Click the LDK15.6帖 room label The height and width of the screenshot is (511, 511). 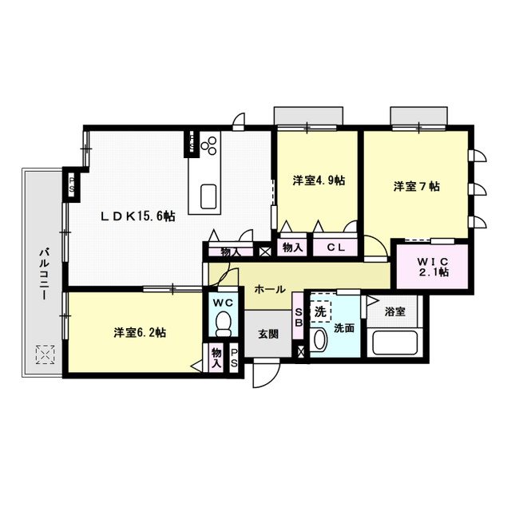pos(138,216)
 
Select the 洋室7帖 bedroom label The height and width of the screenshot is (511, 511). pos(416,187)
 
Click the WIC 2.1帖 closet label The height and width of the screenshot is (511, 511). pos(432,266)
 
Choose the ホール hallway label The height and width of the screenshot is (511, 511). pos(270,289)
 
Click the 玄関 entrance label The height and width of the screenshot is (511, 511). pos(267,335)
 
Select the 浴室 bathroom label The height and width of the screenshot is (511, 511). pos(396,311)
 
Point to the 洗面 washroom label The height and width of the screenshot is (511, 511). pos(345,327)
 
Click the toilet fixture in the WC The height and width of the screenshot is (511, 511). pos(224,323)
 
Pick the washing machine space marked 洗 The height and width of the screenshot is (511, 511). pos(320,311)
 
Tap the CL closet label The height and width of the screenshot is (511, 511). pos(335,248)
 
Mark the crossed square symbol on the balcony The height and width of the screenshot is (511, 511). pos(45,354)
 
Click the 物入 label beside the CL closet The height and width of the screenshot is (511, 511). pos(293,248)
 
